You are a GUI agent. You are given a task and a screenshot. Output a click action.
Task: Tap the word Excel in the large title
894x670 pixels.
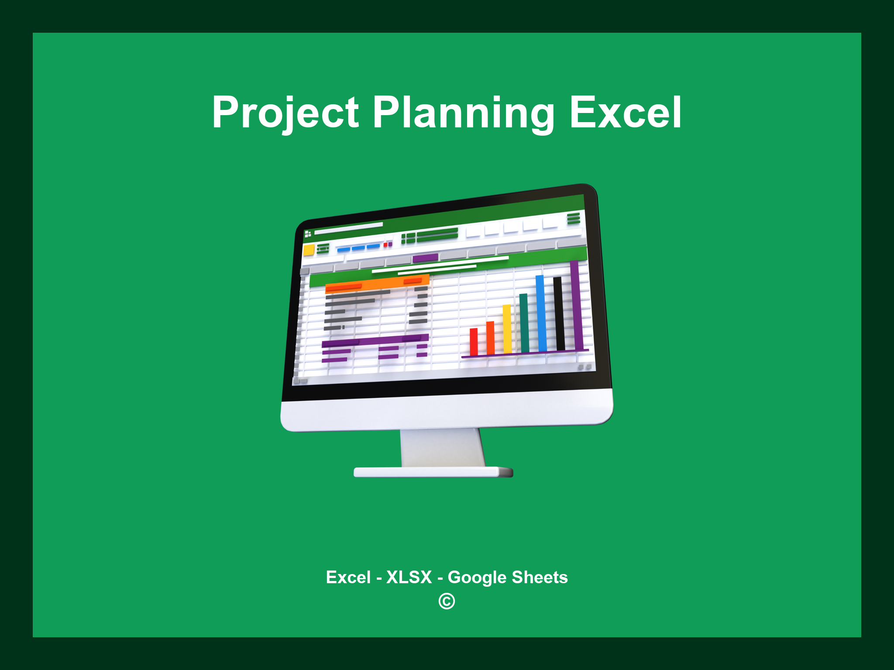tap(625, 113)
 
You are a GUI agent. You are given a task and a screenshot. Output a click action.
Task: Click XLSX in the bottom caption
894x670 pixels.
tap(409, 577)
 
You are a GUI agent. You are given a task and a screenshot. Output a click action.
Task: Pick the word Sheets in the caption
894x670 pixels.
tap(540, 577)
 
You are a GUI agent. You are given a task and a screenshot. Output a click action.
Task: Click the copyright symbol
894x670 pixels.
tap(447, 602)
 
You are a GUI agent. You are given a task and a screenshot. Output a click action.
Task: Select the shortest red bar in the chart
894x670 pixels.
tap(474, 342)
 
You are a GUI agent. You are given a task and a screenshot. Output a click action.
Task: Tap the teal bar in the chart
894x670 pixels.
tap(524, 323)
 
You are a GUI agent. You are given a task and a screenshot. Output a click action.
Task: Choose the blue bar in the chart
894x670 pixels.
tap(541, 313)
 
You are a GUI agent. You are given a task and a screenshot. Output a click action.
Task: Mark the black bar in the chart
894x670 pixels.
tap(559, 313)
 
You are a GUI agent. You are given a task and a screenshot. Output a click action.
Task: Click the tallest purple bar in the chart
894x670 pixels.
tap(576, 305)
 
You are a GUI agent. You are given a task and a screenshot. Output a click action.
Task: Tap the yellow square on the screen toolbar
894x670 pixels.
tap(309, 250)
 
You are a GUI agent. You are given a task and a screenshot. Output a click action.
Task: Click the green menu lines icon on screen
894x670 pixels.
tap(574, 218)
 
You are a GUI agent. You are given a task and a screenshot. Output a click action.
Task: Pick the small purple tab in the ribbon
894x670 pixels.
tap(425, 258)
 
